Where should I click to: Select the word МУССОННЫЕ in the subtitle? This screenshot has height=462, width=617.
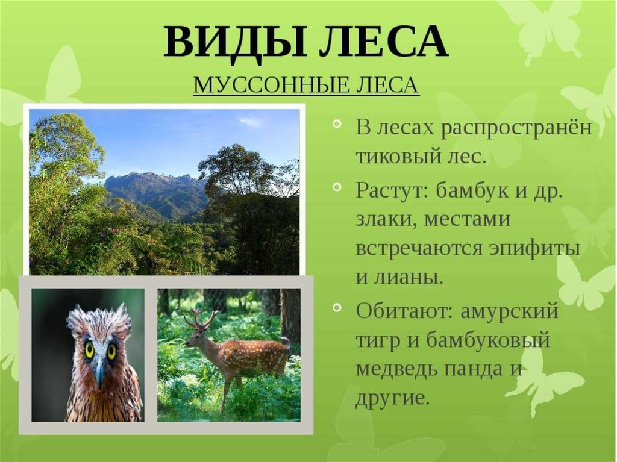tap(271, 85)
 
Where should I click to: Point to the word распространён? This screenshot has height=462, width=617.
tap(516, 128)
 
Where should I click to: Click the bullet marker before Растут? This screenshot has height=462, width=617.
tap(337, 187)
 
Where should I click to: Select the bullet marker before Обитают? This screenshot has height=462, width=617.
tap(337, 307)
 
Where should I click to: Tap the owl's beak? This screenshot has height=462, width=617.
tap(100, 372)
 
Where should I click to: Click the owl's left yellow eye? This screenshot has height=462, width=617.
tap(90, 349)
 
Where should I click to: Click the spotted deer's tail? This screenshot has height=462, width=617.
tap(286, 342)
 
